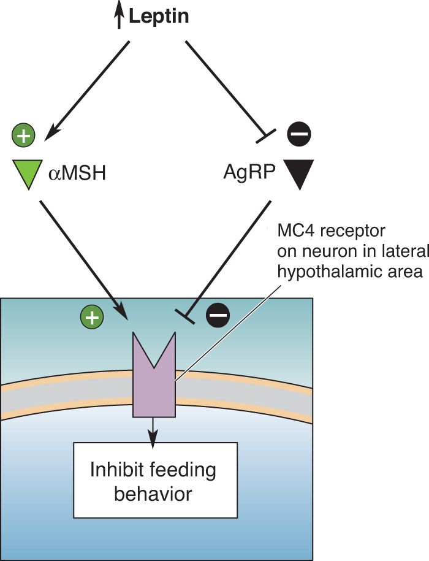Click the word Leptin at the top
pos(159,17)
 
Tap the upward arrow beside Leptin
pos(120,17)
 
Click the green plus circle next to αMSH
pos(24,136)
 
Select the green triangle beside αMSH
pos(28,174)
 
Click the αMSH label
pos(77,174)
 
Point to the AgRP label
pos(249,173)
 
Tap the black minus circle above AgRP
pos(299,134)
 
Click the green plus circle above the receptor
pos(92,317)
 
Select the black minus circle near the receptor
pos(218,316)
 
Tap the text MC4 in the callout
pos(295,231)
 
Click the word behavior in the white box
pos(153,494)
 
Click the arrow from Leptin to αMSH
pos(86,91)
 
